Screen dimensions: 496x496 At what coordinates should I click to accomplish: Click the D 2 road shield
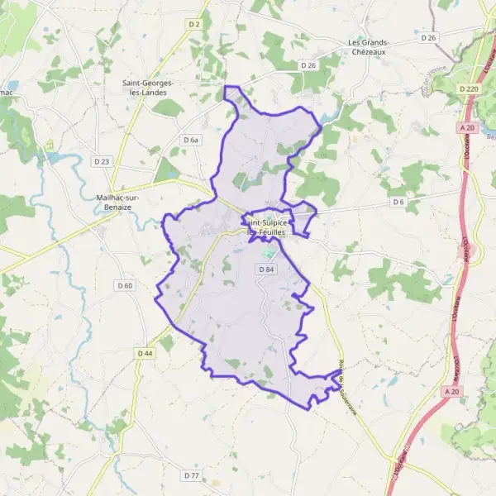(x=194, y=24)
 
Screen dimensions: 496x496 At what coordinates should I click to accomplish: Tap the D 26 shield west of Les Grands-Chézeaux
(x=308, y=65)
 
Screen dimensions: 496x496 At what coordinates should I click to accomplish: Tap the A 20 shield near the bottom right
(x=451, y=390)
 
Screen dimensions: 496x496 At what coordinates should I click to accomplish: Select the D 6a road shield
(x=192, y=141)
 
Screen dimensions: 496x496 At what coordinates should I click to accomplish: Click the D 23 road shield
(x=102, y=161)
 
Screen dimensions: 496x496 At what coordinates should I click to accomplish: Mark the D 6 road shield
(x=398, y=202)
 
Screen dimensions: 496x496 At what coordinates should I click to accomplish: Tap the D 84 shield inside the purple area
(x=266, y=269)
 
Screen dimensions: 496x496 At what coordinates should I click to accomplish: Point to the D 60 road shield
(x=125, y=286)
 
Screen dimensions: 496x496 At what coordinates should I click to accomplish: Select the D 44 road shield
(x=145, y=354)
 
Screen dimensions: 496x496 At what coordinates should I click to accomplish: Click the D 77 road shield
(x=191, y=475)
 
